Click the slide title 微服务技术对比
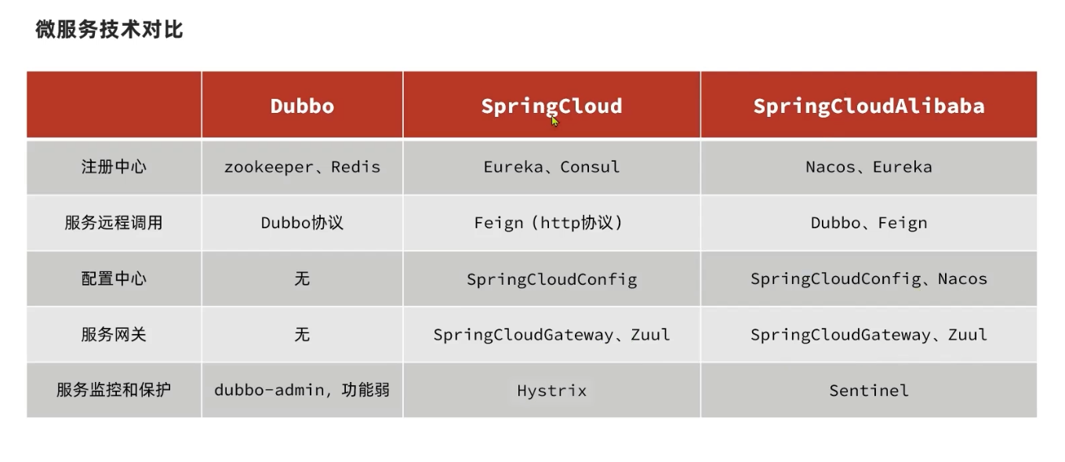(109, 30)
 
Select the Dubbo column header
(302, 106)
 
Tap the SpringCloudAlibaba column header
(869, 106)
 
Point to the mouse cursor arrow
(554, 122)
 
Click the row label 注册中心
(114, 167)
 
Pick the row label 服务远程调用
(114, 223)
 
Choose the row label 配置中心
(114, 278)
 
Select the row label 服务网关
(114, 334)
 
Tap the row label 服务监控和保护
(114, 390)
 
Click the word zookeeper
(269, 167)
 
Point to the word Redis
(355, 167)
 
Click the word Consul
(590, 167)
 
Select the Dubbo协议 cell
(302, 223)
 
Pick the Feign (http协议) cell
(548, 223)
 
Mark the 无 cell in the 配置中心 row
(302, 278)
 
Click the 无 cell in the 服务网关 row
(302, 334)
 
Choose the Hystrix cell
(551, 391)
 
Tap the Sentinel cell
(869, 390)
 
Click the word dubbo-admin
(269, 390)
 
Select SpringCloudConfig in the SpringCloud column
(551, 279)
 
